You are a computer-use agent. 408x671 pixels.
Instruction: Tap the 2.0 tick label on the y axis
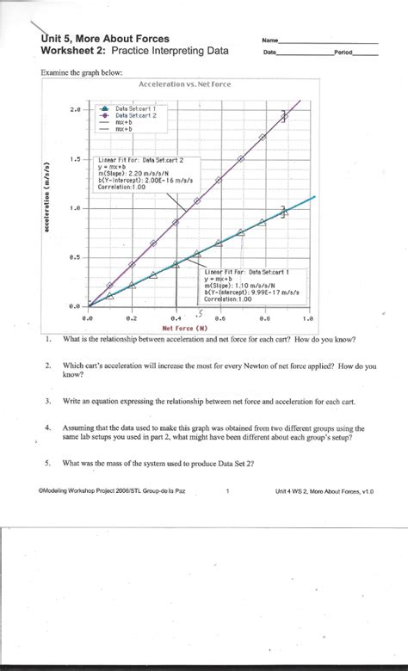[x=75, y=110]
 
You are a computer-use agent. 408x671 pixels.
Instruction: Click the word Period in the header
[x=343, y=52]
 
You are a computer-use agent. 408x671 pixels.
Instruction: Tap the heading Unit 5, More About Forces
[x=105, y=39]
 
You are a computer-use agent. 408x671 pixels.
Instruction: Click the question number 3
[x=49, y=402]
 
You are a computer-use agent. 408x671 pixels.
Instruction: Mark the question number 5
[x=49, y=463]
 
